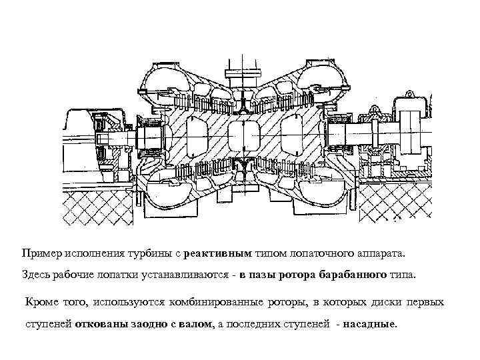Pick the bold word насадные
[371, 325]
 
